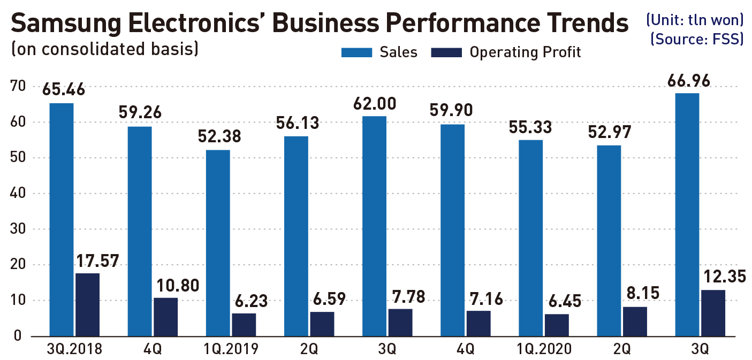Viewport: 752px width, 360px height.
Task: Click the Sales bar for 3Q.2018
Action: pos(61,219)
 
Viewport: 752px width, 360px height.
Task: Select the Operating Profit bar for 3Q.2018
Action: pos(87,305)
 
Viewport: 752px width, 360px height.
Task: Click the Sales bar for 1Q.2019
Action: pos(218,243)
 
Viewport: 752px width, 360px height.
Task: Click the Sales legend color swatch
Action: pos(356,52)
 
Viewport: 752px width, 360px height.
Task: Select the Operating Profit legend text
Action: pos(525,52)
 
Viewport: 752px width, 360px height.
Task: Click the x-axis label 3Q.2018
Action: pos(74,350)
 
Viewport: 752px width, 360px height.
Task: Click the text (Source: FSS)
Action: pos(697,40)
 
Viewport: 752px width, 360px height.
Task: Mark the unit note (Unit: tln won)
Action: pos(694,20)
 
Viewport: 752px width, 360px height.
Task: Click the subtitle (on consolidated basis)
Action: pos(105,49)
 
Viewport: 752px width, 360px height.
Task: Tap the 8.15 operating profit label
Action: pos(641,293)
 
